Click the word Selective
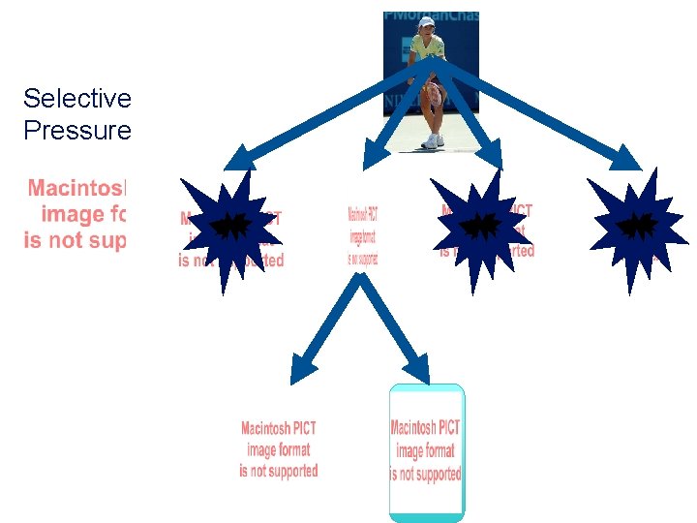coord(76,99)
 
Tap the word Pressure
coord(76,130)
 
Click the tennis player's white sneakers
coord(433,141)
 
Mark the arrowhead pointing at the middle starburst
coord(490,156)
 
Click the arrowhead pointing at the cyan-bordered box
coord(418,369)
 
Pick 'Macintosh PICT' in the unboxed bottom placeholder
coord(279,428)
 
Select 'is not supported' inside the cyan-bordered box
coord(426,475)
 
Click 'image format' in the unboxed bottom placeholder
coord(279,449)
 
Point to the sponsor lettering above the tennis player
coord(431,17)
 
